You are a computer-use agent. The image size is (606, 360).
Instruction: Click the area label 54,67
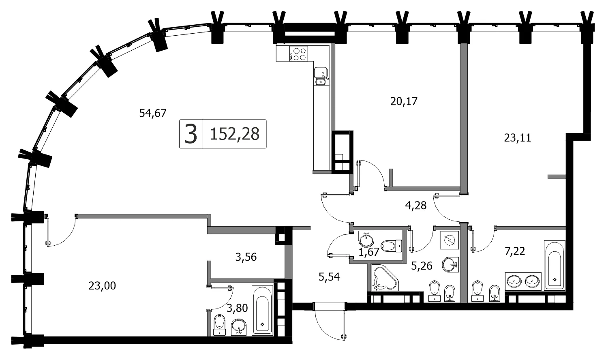tap(152, 113)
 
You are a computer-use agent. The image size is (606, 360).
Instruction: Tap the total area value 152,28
tap(235, 134)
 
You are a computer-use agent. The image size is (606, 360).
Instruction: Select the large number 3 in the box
tap(191, 134)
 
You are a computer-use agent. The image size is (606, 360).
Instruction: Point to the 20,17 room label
tap(404, 101)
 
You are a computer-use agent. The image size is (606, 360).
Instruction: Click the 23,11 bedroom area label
tap(518, 138)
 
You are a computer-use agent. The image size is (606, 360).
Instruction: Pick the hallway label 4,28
tap(416, 206)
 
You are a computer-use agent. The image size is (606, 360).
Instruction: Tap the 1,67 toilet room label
tap(369, 252)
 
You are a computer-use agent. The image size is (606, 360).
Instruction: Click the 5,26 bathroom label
tap(422, 266)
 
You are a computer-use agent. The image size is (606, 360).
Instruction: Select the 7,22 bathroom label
tap(515, 251)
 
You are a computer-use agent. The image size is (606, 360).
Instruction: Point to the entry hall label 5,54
tap(329, 277)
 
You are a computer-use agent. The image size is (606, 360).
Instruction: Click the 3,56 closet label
tap(246, 257)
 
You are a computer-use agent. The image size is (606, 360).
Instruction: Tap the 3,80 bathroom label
tap(237, 308)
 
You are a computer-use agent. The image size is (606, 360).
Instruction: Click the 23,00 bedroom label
tap(102, 286)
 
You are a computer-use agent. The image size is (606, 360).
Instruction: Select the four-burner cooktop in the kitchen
tap(298, 54)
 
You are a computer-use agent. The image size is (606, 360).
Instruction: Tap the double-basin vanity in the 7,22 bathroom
tap(523, 281)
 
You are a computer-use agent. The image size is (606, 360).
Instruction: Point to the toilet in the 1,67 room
tap(391, 246)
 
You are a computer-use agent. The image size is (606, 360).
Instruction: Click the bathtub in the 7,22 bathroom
tap(555, 265)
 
